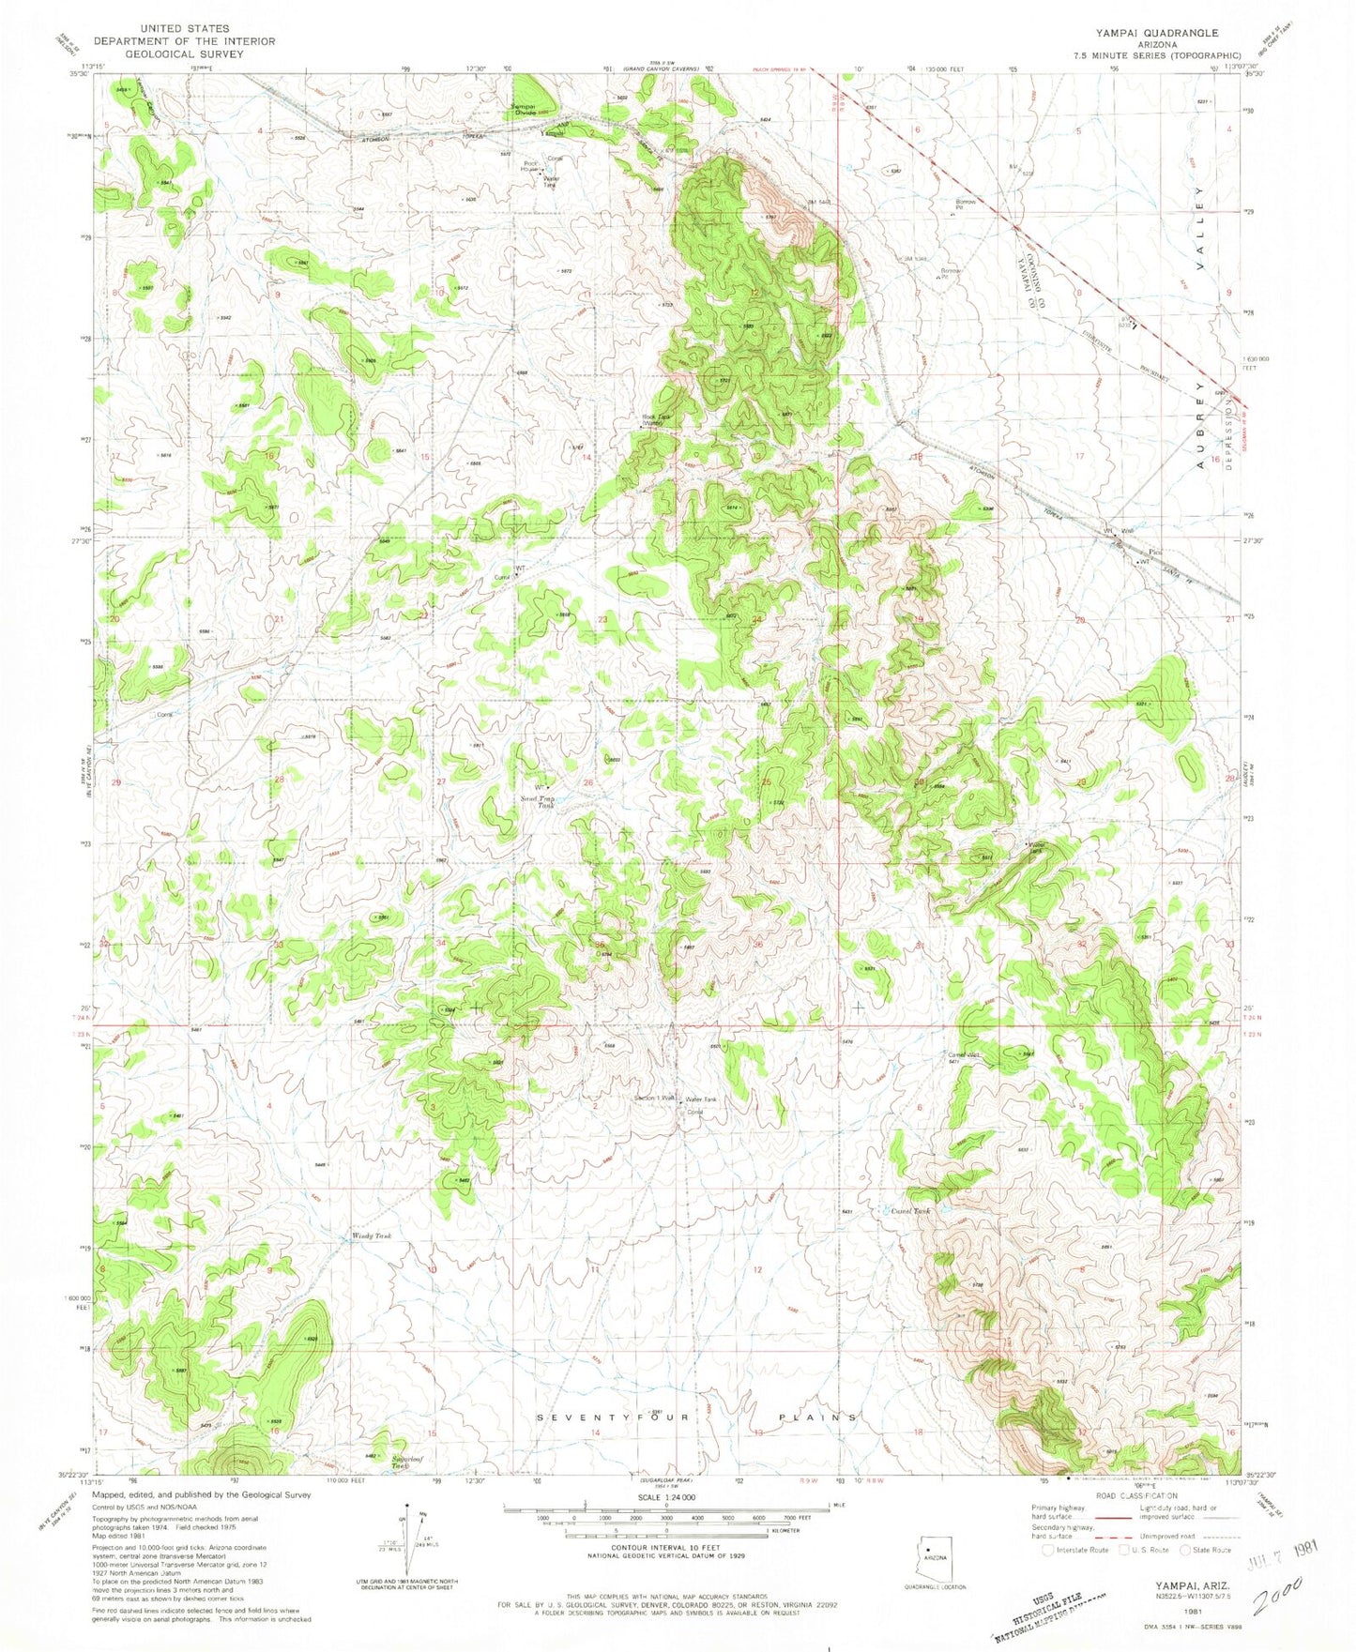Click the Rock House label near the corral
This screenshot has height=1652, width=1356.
tap(531, 167)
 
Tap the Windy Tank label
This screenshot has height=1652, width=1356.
tap(370, 1236)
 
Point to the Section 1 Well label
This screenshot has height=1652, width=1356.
tap(654, 1098)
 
